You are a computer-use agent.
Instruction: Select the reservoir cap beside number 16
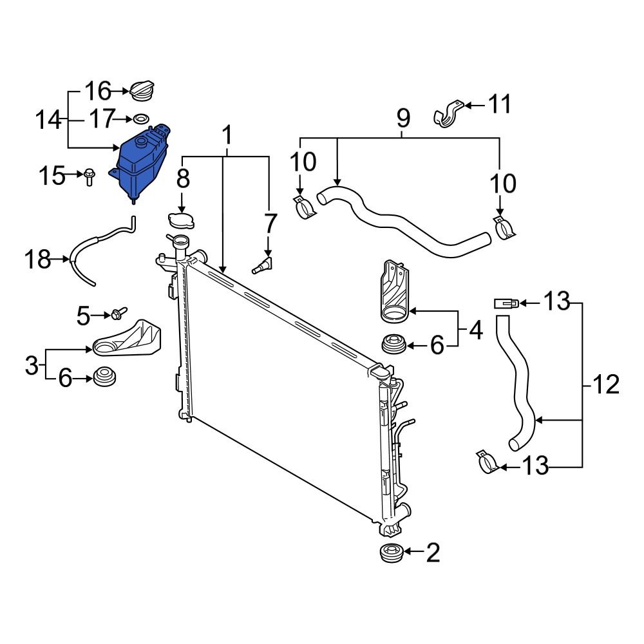(142, 91)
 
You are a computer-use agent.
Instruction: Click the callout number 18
(37, 260)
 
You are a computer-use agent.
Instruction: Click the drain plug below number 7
(263, 265)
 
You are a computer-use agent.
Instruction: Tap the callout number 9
(402, 118)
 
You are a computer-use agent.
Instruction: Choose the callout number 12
(605, 385)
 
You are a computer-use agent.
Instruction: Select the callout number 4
(475, 330)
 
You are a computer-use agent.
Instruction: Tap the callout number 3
(32, 365)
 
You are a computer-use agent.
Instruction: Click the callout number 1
(226, 137)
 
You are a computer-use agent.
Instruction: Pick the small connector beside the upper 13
(506, 302)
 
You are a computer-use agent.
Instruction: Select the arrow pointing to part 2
(412, 553)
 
